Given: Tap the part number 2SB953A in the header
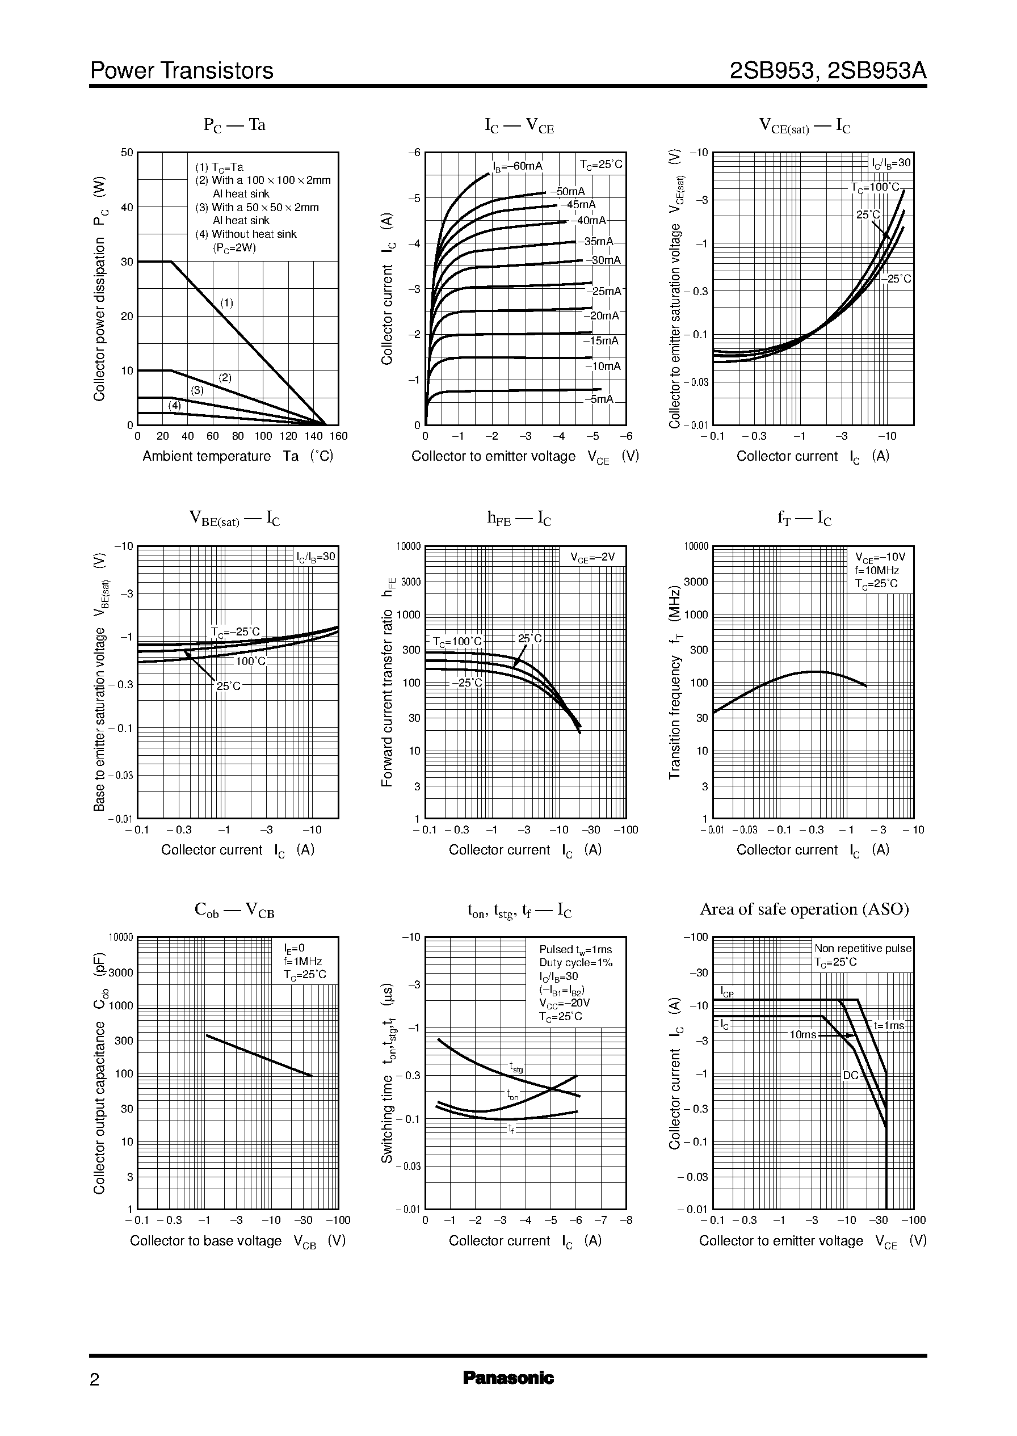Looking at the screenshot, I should coord(876,71).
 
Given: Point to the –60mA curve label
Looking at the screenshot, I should coord(518,166).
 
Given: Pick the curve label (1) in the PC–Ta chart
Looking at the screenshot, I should coord(226,303).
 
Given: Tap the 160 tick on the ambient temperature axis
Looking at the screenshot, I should coord(338,436).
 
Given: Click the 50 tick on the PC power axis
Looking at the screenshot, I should coord(127,152).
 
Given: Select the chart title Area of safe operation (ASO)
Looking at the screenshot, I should coord(804,909).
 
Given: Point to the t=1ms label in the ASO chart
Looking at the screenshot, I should coord(889,1025).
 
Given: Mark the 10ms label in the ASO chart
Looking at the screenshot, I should coord(802,1035).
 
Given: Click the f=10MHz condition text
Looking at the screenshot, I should coord(877,570).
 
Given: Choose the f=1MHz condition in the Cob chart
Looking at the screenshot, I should coord(302,962).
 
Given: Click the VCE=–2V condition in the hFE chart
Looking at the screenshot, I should coord(592,557).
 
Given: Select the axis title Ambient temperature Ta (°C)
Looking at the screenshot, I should coord(237,456).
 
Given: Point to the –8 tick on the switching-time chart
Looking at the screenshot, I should coord(625,1220).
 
